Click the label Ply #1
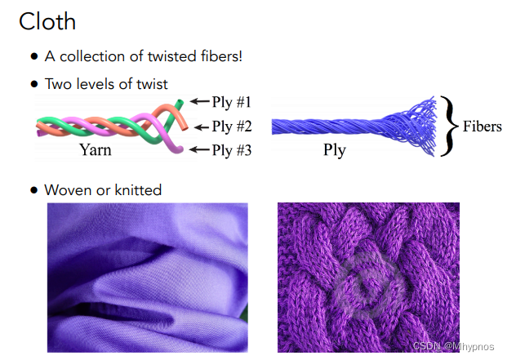[232, 103]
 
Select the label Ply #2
[232, 127]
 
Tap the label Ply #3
[232, 150]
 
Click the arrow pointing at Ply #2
[198, 127]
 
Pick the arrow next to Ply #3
[198, 149]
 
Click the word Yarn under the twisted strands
[96, 149]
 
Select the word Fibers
[482, 127]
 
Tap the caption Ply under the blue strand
[335, 150]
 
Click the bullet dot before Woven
[34, 190]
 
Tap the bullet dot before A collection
[34, 57]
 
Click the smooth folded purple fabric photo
[147, 278]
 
